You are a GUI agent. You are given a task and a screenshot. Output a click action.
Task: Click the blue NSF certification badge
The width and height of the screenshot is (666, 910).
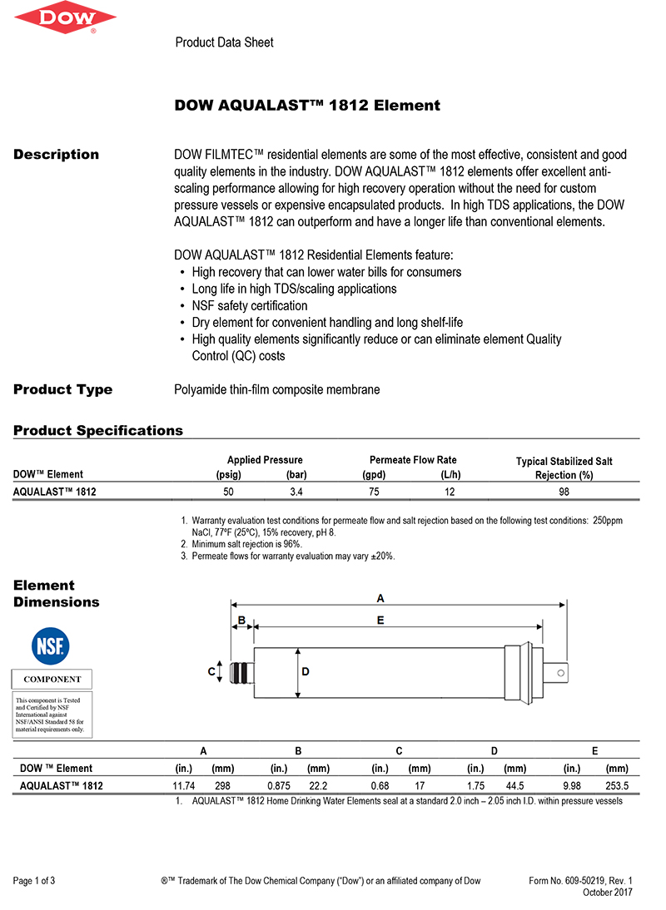[x=51, y=645]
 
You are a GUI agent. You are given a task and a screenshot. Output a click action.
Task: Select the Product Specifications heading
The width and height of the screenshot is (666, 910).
[x=97, y=431]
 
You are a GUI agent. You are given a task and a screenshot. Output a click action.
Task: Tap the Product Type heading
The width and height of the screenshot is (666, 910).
[x=62, y=389]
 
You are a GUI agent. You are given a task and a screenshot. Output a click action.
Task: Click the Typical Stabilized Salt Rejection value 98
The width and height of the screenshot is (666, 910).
[x=564, y=492]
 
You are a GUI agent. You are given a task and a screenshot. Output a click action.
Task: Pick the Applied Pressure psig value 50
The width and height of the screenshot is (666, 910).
[x=228, y=492]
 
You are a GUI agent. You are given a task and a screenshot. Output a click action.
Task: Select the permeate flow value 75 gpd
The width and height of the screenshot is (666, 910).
[x=373, y=492]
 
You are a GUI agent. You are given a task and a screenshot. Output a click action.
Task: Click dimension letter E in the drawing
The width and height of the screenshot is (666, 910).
[x=380, y=620]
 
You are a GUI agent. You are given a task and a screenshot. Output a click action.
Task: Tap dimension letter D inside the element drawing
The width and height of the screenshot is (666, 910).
[x=306, y=671]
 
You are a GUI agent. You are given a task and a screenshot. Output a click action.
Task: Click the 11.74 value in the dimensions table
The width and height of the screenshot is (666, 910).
[x=183, y=785]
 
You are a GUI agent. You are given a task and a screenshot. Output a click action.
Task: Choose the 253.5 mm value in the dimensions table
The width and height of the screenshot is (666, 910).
[x=616, y=785]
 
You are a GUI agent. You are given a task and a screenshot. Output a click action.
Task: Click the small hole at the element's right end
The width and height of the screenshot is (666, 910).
[x=561, y=672]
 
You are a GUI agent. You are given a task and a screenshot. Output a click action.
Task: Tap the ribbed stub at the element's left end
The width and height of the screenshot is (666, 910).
[x=240, y=672]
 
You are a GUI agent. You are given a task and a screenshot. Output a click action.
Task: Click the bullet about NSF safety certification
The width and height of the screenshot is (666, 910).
[x=249, y=306]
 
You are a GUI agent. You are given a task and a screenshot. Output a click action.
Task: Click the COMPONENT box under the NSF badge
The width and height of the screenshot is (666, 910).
[x=52, y=679]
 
